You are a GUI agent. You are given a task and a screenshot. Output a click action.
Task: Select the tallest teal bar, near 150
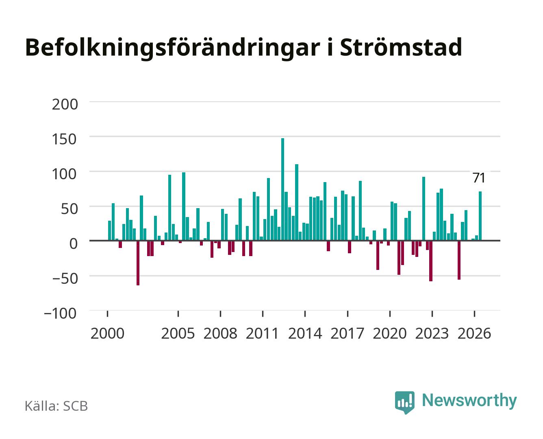282,189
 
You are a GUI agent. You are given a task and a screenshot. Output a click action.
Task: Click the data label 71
478,178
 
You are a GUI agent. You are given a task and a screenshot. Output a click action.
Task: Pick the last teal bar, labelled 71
480,216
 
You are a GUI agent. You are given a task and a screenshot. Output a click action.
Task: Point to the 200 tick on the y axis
65,104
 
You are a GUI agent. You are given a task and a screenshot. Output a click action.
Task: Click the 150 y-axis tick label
64,139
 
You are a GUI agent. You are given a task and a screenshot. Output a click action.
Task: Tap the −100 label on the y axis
60,313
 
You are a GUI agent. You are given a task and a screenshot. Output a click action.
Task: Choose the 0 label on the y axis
73,244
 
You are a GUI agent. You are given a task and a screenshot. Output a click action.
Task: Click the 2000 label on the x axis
107,333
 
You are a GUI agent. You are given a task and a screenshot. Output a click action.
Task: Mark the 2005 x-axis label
178,333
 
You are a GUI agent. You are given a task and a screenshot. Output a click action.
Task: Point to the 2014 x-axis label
305,333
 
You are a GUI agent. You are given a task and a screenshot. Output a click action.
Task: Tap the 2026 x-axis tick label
474,333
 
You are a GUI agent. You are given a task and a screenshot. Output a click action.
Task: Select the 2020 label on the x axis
389,333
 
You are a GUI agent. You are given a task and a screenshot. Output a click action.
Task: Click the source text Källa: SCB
56,406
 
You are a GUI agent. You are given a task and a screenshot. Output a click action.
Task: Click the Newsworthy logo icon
404,402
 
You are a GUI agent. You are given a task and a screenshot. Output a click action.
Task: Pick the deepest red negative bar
138,263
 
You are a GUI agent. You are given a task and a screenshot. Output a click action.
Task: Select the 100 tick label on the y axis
64,174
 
